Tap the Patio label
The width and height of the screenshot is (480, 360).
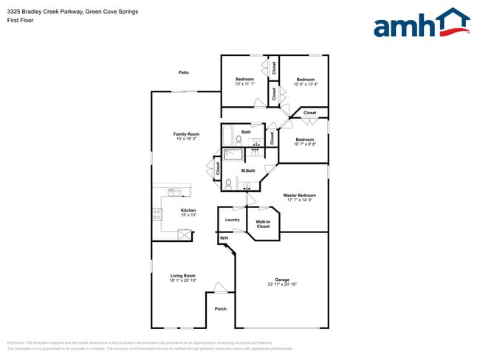click(x=184, y=72)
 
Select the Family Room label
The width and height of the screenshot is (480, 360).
click(x=186, y=134)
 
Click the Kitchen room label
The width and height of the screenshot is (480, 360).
click(x=188, y=210)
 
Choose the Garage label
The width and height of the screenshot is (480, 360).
click(x=281, y=280)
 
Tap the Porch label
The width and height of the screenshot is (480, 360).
click(x=220, y=308)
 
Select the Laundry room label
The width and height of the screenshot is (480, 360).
click(x=232, y=220)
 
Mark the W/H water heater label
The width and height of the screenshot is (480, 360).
click(x=223, y=238)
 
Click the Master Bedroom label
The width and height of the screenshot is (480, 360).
click(x=299, y=195)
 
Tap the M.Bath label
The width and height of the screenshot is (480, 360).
click(x=247, y=171)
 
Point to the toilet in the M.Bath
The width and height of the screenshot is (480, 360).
click(x=229, y=182)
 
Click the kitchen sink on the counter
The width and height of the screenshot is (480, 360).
click(x=174, y=193)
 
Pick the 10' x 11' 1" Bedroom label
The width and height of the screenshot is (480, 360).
click(x=244, y=79)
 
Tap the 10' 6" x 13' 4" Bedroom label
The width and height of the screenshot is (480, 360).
click(x=306, y=79)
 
